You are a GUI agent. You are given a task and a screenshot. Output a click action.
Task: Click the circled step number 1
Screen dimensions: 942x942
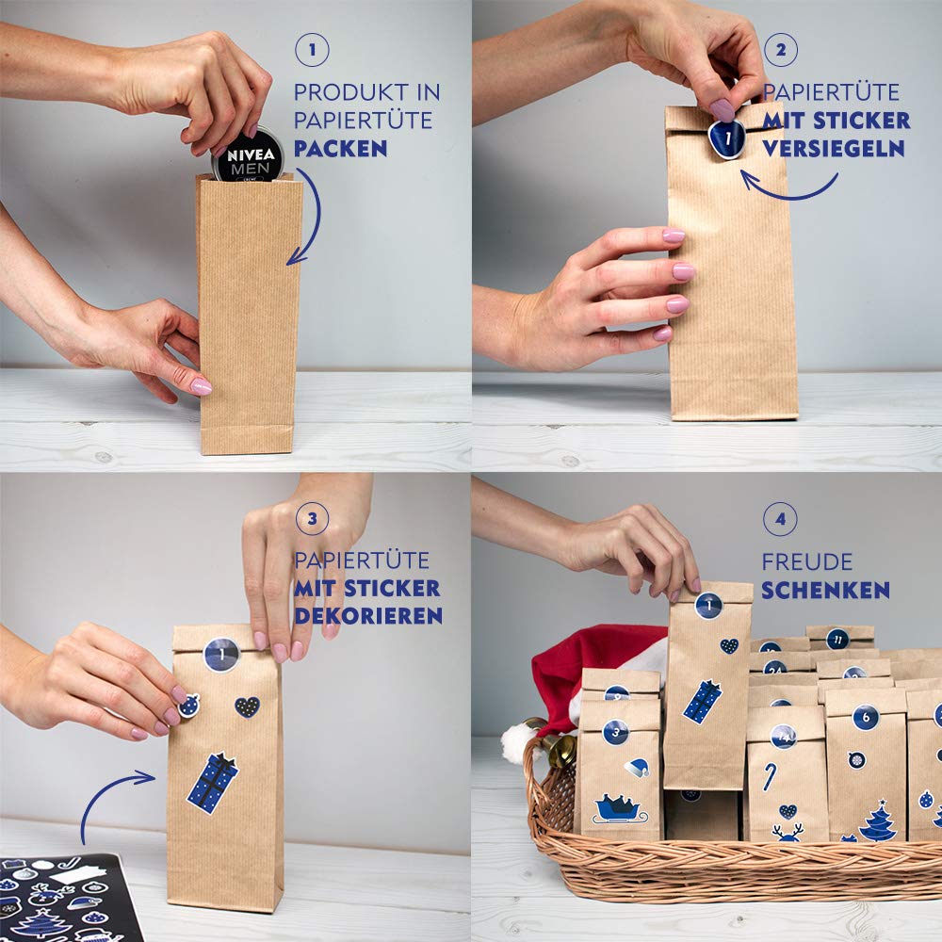coord(312,50)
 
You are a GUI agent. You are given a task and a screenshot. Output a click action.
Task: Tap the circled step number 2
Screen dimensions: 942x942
coord(780,50)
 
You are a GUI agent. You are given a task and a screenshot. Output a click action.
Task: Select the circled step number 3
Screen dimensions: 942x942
coord(312,518)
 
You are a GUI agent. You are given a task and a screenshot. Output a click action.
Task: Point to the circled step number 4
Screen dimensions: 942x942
coord(780,518)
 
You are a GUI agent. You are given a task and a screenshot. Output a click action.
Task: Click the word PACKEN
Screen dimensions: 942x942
coord(341,149)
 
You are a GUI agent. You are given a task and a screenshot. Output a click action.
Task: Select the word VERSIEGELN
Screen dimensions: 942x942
coord(834,149)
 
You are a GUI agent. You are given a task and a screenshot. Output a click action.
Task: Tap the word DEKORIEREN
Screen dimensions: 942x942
coord(368,616)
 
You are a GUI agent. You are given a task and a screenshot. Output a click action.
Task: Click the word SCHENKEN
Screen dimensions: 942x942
coord(825,590)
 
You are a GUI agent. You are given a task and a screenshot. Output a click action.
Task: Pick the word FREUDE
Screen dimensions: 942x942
coord(807,562)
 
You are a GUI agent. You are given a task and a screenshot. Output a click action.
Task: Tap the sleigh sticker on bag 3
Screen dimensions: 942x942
coord(621,808)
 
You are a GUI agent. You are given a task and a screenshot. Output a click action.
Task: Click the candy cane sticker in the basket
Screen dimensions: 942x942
coord(770,776)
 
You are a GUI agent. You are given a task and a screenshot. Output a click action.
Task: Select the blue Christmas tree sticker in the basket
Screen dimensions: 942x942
coord(878,820)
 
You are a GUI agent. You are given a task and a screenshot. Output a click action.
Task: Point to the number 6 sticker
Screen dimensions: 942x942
coord(866,717)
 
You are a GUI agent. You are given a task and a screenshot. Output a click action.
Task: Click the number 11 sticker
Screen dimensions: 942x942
coord(837,639)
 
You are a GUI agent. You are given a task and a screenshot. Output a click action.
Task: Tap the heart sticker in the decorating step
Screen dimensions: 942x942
coord(247,706)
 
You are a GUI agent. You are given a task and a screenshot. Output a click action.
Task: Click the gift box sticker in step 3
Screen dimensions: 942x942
coord(213,782)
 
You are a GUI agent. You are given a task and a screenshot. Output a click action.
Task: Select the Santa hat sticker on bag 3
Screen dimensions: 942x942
coord(637,767)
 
